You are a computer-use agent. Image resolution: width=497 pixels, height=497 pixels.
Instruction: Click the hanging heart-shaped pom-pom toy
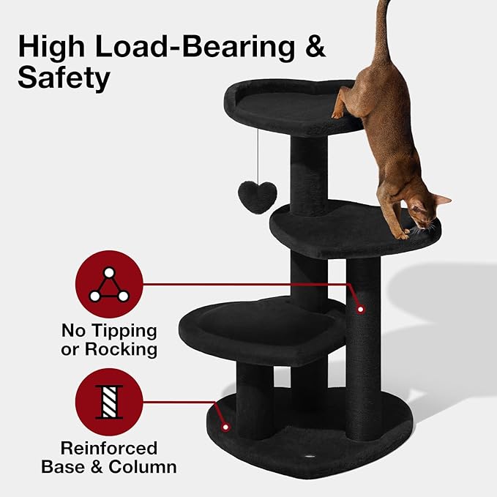coord(258,195)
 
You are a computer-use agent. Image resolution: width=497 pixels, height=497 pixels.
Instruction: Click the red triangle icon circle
coord(109,284)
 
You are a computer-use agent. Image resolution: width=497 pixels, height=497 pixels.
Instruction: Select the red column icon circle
coord(109,402)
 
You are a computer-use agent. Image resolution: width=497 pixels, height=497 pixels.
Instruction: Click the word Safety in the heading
coord(64,77)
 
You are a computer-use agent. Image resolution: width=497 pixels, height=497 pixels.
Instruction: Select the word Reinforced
coord(109,447)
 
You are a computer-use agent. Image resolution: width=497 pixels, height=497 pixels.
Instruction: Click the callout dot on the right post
coord(360,310)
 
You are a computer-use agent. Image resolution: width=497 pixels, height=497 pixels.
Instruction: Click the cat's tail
coord(381,29)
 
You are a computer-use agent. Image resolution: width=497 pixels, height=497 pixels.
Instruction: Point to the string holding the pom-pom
coord(258,154)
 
